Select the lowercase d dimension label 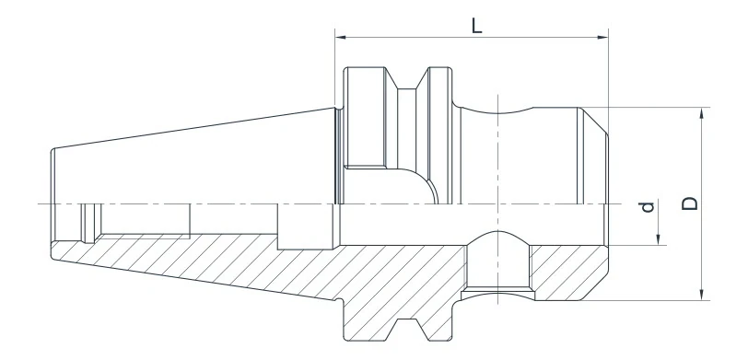(649, 208)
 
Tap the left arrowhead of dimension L (340, 38)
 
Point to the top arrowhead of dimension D (703, 113)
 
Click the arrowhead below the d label (660, 241)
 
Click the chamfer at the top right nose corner (595, 117)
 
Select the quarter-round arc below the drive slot (420, 182)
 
